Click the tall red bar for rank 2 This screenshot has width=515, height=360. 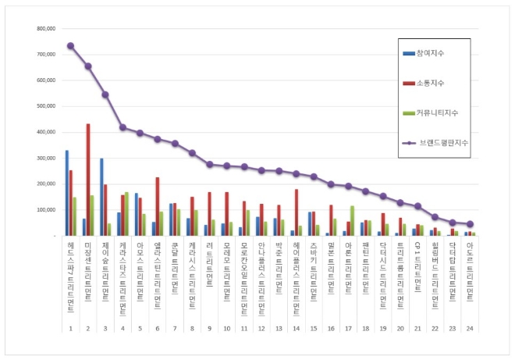click(x=88, y=180)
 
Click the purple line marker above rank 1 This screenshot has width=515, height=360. click(x=70, y=45)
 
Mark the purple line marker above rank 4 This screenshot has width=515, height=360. click(x=123, y=127)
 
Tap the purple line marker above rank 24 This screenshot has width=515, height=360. click(x=470, y=224)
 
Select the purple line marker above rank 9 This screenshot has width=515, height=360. click(x=209, y=164)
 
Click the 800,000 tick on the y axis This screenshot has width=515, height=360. click(x=45, y=28)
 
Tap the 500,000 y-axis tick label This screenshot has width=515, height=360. click(x=45, y=106)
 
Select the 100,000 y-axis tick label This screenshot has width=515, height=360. click(x=45, y=210)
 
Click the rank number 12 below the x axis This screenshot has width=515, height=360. click(x=261, y=328)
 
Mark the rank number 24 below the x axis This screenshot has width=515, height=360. click(x=470, y=328)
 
